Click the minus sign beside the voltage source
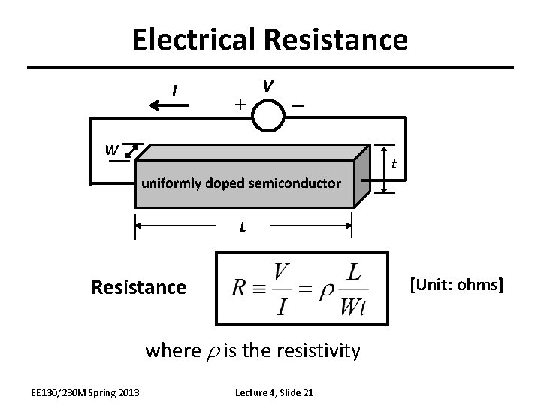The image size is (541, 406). (x=299, y=106)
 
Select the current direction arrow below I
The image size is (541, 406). (x=175, y=106)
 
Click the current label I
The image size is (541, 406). (x=174, y=91)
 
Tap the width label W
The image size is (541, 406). (x=111, y=149)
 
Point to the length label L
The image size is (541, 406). (x=242, y=226)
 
